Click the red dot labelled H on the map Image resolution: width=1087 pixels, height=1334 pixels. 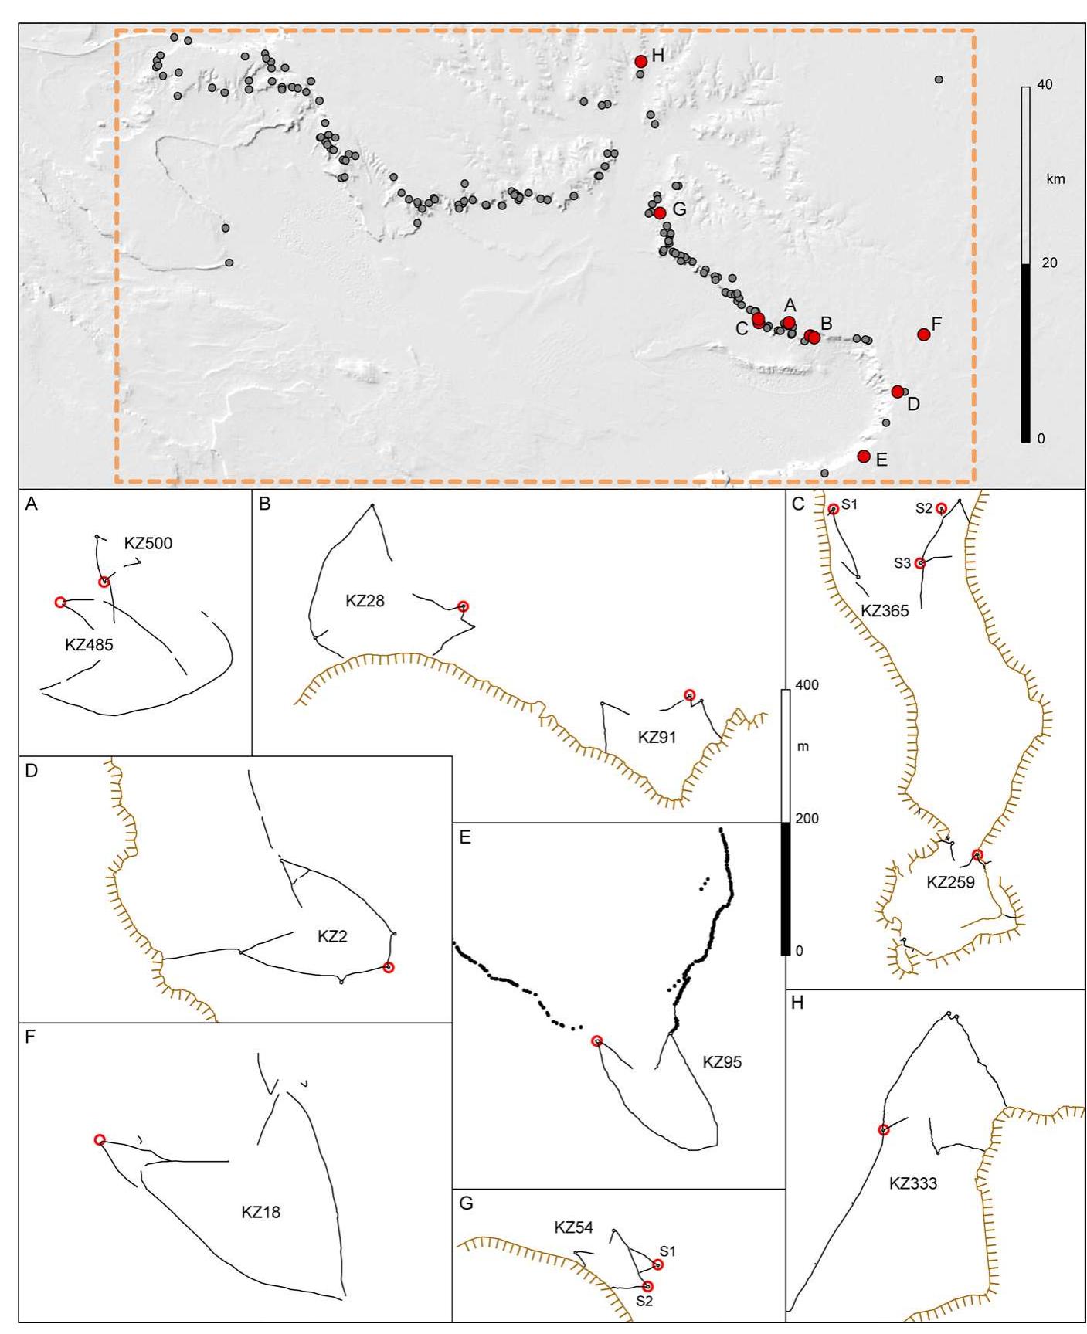click(x=640, y=62)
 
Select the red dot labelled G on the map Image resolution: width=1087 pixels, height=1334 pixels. click(x=659, y=213)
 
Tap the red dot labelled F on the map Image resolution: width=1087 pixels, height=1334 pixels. click(x=923, y=334)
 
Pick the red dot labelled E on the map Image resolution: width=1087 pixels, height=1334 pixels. click(x=864, y=457)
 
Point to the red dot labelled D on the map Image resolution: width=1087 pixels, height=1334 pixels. click(x=897, y=392)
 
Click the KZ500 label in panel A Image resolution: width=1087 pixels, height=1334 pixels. click(x=148, y=543)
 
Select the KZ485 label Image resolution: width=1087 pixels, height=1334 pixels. click(x=89, y=644)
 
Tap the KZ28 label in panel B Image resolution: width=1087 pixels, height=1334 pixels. click(x=365, y=600)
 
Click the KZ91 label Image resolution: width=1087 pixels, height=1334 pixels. click(x=657, y=737)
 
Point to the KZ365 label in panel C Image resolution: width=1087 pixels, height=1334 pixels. click(x=885, y=611)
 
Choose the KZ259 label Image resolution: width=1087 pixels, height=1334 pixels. click(x=950, y=883)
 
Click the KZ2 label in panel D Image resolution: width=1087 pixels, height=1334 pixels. click(x=332, y=937)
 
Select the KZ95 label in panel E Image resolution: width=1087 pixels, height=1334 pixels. click(x=722, y=1062)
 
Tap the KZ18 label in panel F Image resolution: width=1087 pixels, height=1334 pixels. click(x=260, y=1212)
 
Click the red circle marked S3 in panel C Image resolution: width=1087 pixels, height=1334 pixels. click(x=919, y=563)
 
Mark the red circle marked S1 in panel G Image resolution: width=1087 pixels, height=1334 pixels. click(x=657, y=1264)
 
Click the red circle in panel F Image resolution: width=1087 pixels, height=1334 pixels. click(x=100, y=1139)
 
